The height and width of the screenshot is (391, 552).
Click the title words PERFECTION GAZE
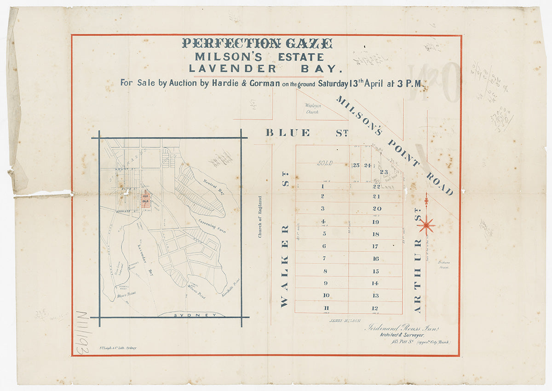(257, 44)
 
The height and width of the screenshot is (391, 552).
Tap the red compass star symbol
(426, 225)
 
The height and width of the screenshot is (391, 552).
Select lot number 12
(375, 308)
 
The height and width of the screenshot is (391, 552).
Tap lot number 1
(323, 186)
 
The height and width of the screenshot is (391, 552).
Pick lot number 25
(355, 166)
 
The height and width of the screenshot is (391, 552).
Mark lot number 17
(375, 246)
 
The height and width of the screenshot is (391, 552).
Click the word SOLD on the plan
(325, 163)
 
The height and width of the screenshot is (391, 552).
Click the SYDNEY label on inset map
(195, 315)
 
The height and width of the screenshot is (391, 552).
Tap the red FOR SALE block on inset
(145, 199)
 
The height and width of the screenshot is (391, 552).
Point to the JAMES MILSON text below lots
(345, 320)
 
